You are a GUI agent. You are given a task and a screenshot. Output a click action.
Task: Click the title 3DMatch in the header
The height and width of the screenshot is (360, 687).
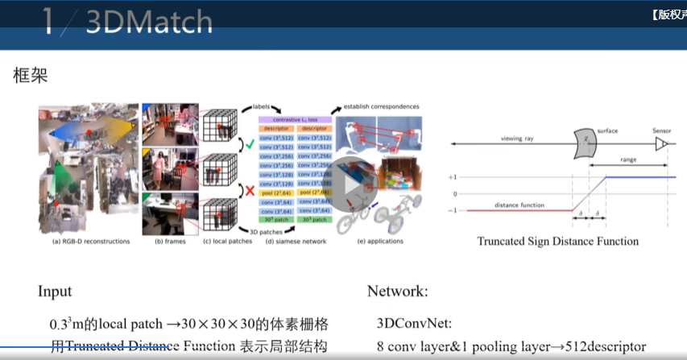coord(148,23)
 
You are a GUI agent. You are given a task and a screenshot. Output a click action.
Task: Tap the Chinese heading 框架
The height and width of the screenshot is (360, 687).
coord(31,76)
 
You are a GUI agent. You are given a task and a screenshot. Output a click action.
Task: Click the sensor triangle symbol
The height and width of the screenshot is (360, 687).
coord(661,143)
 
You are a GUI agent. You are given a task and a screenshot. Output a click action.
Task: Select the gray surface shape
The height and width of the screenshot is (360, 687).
coord(583,143)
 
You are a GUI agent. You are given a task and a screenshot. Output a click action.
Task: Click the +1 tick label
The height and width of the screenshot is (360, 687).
coord(453,176)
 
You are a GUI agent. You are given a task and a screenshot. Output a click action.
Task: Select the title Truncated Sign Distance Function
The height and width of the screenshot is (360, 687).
coord(557,241)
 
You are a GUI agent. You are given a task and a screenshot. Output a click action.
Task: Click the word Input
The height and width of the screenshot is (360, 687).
coord(56,291)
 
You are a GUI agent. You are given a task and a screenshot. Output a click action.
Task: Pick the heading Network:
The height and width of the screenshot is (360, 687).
coord(398,291)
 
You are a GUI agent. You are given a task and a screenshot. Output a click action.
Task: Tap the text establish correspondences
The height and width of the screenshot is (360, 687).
coord(381,106)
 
